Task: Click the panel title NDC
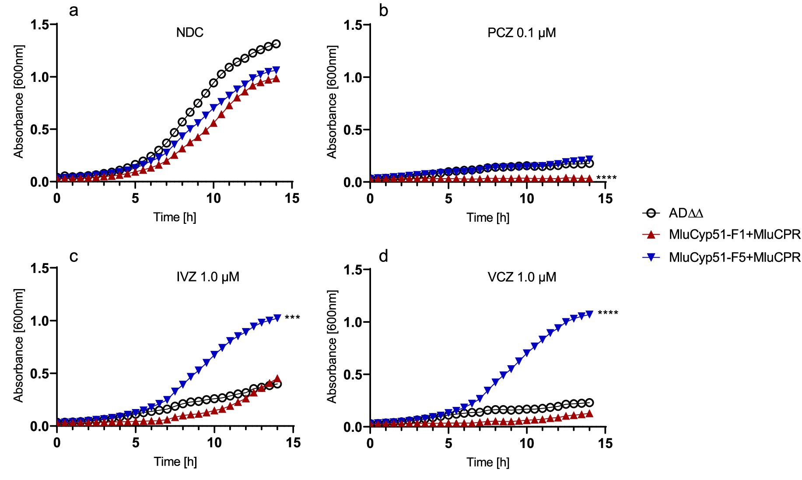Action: point(189,33)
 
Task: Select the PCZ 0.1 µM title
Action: point(522,33)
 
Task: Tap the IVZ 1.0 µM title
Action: point(208,277)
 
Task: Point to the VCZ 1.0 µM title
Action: point(522,277)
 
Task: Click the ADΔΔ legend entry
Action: point(686,213)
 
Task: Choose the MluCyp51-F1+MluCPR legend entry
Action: point(734,235)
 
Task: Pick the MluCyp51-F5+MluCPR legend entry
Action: point(734,257)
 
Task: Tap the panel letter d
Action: point(383,256)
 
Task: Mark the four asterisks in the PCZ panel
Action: point(606,178)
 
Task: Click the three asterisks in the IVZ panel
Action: point(292,317)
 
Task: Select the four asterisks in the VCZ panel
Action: point(608,313)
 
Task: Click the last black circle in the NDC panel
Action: point(276,44)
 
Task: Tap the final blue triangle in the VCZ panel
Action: point(589,314)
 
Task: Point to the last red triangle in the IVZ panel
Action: point(277,379)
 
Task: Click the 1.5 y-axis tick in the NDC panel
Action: point(39,25)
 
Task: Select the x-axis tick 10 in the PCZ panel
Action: point(527,199)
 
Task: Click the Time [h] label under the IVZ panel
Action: point(175,462)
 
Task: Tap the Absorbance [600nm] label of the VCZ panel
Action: point(332,346)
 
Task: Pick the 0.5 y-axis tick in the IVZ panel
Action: point(39,374)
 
